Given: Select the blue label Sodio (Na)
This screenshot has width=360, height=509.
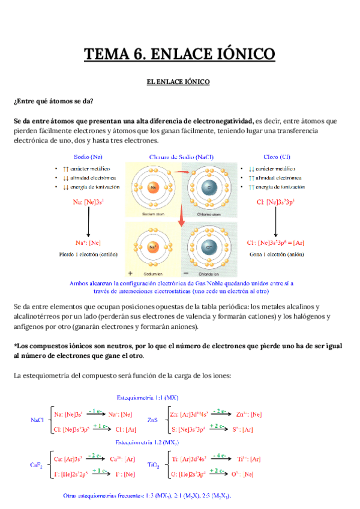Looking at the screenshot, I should (88, 157).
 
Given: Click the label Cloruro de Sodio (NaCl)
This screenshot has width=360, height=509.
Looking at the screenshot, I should (181, 157).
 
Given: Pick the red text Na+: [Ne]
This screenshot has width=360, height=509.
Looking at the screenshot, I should (88, 242).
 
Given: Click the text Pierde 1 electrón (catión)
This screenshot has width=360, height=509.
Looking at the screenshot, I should (88, 254).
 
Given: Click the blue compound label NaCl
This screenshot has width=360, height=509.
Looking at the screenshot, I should (38, 421).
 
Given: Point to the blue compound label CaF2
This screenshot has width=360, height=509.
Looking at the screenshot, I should (37, 465).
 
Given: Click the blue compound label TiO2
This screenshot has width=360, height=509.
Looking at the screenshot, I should (154, 465).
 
